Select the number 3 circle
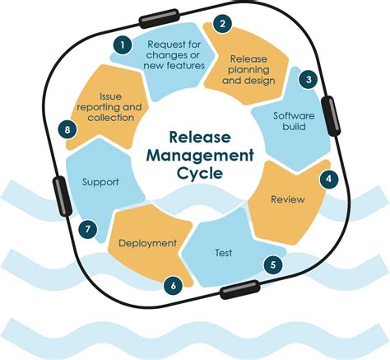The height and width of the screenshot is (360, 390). [309, 80]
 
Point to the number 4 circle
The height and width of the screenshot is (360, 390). [329, 177]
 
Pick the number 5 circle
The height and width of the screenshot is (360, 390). [272, 265]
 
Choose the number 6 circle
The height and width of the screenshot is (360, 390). [173, 286]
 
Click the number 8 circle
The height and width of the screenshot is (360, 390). [65, 129]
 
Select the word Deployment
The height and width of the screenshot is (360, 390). [148, 243]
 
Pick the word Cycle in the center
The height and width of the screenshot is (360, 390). [194, 174]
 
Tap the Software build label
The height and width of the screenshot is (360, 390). [294, 122]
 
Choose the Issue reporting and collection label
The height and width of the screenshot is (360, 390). [109, 106]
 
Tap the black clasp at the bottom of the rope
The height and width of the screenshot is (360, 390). [238, 291]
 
